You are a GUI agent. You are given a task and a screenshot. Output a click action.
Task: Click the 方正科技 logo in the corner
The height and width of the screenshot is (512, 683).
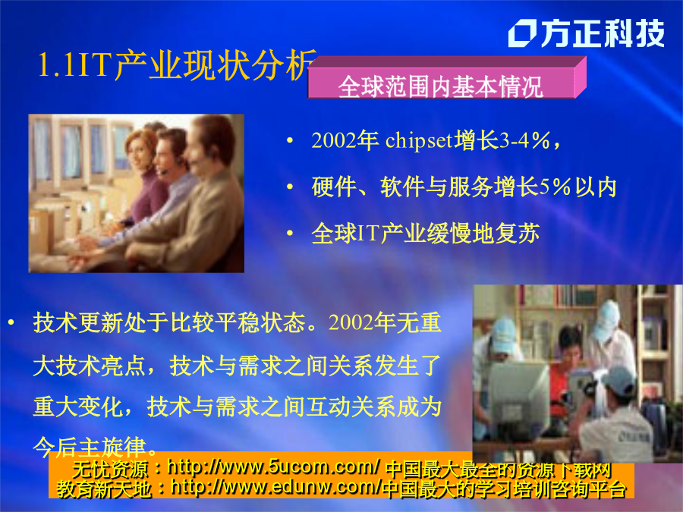pos(587,33)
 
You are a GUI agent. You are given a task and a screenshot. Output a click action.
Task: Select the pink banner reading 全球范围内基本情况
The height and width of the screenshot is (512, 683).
pos(446,78)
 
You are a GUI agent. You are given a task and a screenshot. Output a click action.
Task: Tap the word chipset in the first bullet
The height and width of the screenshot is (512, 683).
pos(419,140)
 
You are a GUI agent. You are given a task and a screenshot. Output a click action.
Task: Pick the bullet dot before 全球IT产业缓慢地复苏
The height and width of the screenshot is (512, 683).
pos(290,234)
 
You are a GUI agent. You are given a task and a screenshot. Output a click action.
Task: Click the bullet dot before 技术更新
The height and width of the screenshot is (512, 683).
pos(11,322)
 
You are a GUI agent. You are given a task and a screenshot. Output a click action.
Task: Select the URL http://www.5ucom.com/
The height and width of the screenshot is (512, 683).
pos(273,467)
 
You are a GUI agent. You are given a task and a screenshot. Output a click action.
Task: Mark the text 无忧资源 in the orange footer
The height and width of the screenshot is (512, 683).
pos(110,470)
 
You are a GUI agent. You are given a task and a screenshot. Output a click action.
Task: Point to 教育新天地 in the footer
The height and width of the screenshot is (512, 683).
pos(104,488)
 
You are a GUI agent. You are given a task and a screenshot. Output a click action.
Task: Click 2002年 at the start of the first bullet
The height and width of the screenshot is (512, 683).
pos(345,140)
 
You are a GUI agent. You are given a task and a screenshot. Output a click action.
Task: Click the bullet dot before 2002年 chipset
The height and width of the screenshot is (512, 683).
pos(290,140)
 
